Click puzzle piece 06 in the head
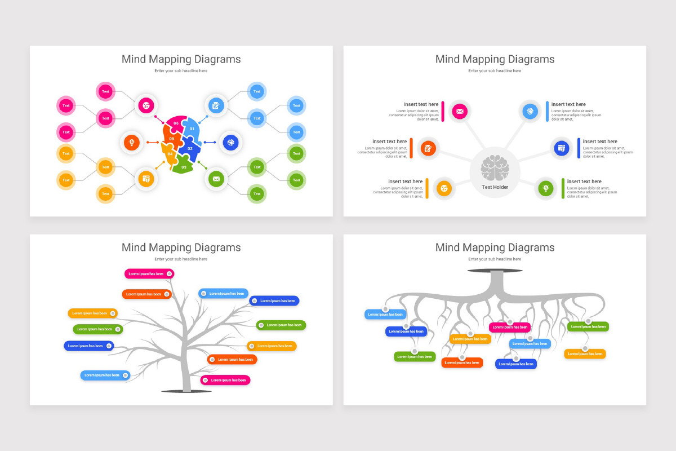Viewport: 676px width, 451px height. coord(175,124)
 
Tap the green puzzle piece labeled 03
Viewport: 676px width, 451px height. coord(183,166)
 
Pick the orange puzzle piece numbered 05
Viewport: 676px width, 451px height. coord(172,138)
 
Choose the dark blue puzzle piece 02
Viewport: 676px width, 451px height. coord(190,149)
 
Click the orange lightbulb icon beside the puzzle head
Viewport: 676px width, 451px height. coord(132,143)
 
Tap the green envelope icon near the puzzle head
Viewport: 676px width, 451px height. coord(216,179)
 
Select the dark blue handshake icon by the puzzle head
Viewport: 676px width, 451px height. coord(231,143)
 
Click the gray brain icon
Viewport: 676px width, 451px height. coord(495,167)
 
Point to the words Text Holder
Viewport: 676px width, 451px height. coord(495,187)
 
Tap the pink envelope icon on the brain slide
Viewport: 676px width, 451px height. coord(460,112)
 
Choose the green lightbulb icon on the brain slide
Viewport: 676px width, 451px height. coord(545,188)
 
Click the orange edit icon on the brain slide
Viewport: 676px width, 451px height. coord(428,149)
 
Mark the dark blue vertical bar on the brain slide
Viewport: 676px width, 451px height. coord(579,148)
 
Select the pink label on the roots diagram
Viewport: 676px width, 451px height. coord(509,327)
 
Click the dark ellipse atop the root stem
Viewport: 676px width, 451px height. coord(495,271)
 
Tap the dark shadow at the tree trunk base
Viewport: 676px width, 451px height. coord(186,391)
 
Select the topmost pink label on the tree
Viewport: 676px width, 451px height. coord(149,274)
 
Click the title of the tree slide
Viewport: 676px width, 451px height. coord(181,247)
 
